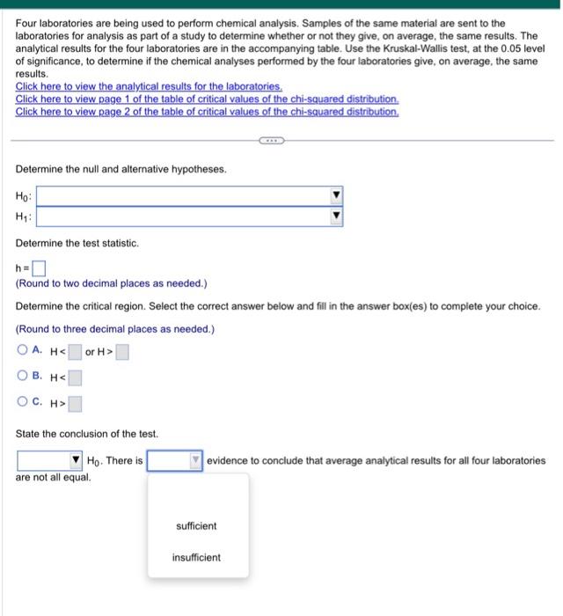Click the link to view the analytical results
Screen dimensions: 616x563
click(x=149, y=88)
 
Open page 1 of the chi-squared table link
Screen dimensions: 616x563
click(x=207, y=99)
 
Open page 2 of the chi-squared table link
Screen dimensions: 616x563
click(x=207, y=112)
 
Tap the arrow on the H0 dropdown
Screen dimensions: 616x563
click(x=335, y=194)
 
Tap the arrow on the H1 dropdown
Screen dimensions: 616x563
click(x=335, y=216)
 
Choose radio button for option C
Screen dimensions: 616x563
click(x=23, y=405)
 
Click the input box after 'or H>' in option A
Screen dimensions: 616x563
click(x=122, y=353)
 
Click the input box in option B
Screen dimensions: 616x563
click(x=75, y=379)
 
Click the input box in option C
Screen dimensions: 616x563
click(x=75, y=405)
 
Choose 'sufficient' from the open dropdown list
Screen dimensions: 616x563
click(x=196, y=526)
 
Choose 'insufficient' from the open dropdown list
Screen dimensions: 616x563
click(x=196, y=558)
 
